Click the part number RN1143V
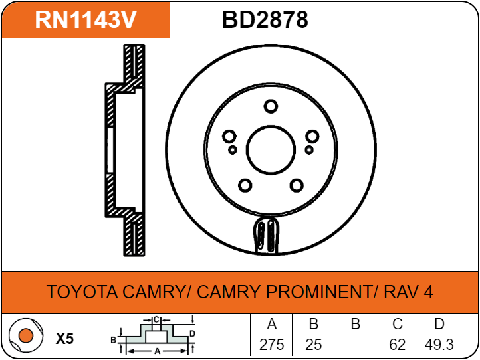click(86, 20)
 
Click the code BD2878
click(265, 20)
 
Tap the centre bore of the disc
click(271, 149)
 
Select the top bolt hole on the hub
click(271, 106)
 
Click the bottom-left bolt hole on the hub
click(245, 185)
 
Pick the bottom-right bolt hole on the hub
click(297, 185)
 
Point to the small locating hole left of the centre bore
click(233, 150)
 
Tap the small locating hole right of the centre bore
click(309, 150)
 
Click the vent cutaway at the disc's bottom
click(267, 235)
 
